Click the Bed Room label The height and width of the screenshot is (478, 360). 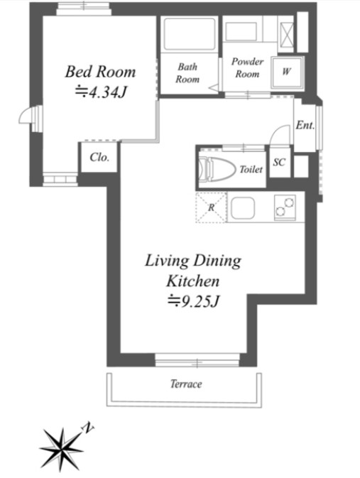100,72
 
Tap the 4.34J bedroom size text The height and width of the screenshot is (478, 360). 101,92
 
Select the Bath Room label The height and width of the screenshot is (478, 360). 187,73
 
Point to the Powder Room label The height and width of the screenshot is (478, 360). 247,67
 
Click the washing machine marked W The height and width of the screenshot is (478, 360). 286,72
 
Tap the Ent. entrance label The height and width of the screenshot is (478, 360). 305,125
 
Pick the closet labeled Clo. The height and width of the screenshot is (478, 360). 99,157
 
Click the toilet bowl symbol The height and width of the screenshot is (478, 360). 217,168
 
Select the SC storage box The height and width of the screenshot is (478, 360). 279,163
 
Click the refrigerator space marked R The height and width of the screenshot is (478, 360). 211,207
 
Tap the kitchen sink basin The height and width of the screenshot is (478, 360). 243,207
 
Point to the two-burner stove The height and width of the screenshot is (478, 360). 285,207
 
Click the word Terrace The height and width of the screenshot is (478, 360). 186,384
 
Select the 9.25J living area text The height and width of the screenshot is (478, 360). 194,301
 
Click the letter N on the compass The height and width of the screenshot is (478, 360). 87,428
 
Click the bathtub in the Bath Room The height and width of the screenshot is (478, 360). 189,34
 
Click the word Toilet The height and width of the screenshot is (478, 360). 251,170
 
